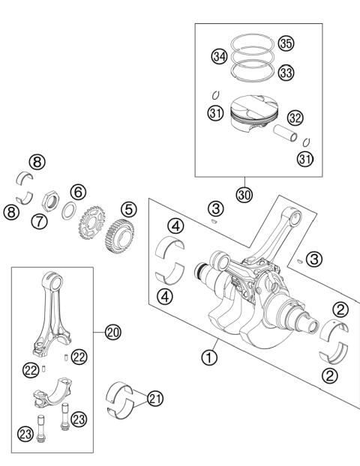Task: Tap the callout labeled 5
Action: pos(129,209)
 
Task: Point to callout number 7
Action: pos(39,221)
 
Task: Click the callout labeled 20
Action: pos(112,331)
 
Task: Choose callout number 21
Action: pos(154,399)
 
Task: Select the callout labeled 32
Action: pos(295,118)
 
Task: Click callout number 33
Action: pos(285,73)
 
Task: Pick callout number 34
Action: pos(219,56)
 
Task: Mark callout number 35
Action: pos(285,43)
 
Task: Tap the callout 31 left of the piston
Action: pos(216,112)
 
